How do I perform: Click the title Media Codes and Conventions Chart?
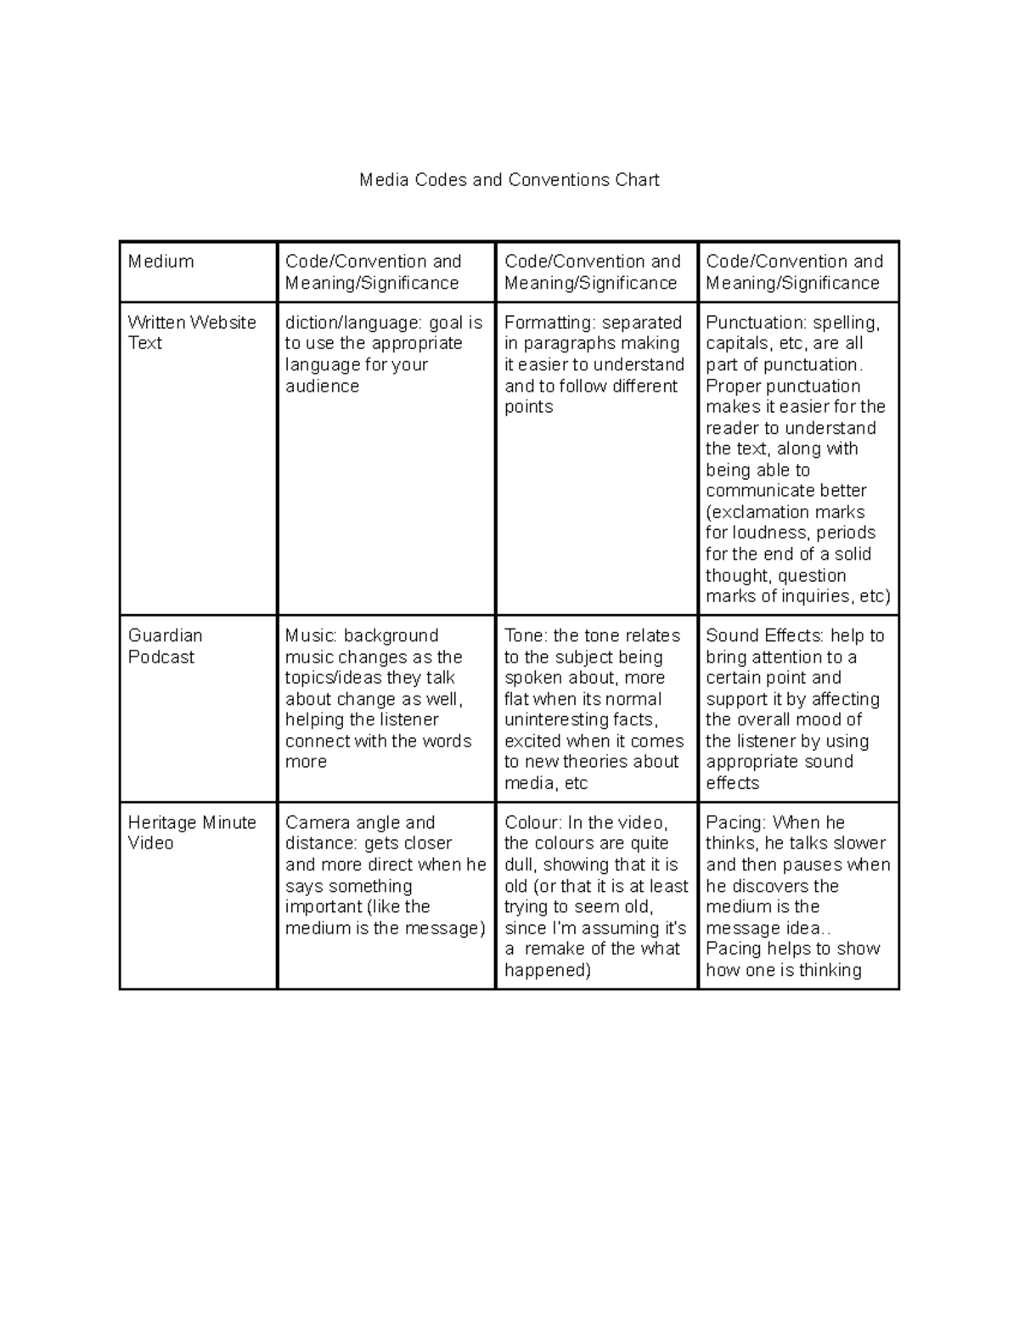pos(509,180)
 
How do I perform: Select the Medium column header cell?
pos(161,262)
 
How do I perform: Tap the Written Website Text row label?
pos(191,333)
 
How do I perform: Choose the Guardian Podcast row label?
pos(165,646)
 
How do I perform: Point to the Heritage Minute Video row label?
pos(191,832)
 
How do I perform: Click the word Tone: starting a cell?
pos(526,636)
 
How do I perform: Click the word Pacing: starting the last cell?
pos(736,822)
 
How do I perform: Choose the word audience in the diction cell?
pos(322,386)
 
